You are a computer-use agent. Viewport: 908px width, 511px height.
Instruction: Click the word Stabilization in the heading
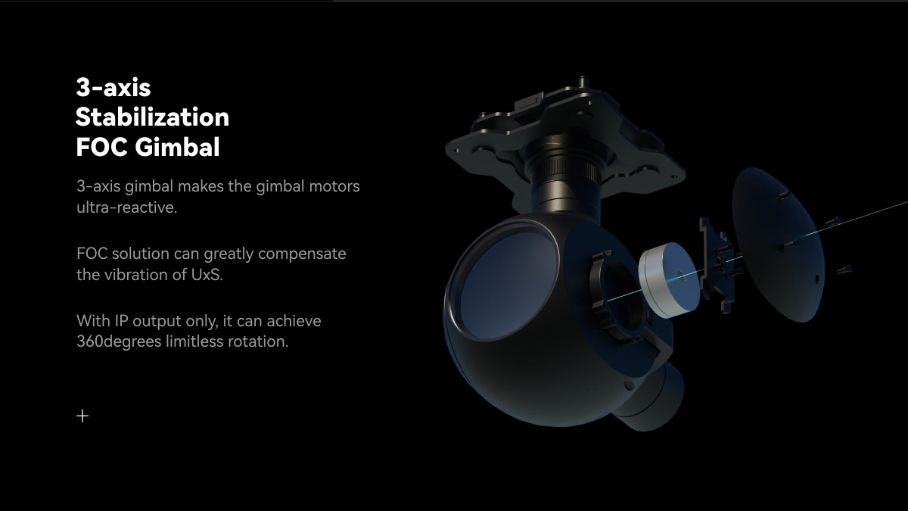pos(152,117)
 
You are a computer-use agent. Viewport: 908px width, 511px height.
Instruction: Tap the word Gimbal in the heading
pos(178,146)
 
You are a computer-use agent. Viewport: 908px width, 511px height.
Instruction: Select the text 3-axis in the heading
pos(113,88)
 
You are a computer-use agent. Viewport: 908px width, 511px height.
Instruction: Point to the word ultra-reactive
pos(127,207)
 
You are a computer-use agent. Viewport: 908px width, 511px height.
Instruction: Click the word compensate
pos(302,254)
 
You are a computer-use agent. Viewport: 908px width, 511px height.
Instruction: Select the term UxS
pos(207,275)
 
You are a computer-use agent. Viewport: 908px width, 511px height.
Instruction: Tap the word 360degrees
pos(120,341)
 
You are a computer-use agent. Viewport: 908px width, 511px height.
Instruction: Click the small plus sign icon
pos(82,416)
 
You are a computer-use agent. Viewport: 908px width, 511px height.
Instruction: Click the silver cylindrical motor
pos(669,279)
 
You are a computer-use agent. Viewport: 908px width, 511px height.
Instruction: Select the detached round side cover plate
pos(779,245)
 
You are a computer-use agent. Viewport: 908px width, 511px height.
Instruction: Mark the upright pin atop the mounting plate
pos(583,81)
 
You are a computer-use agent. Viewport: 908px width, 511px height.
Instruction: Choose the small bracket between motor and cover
pos(717,263)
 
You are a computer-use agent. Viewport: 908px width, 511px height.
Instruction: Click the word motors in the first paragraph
pos(334,186)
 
